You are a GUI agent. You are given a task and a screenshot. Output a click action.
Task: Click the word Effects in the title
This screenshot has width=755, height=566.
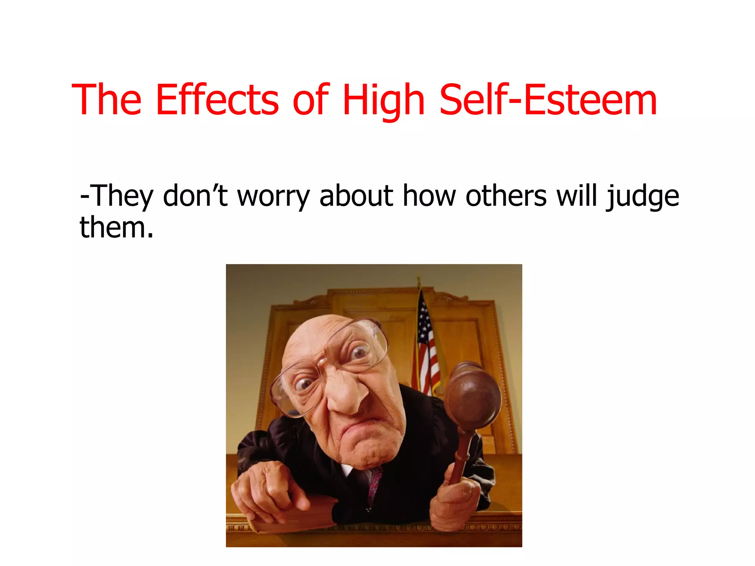pyautogui.click(x=217, y=99)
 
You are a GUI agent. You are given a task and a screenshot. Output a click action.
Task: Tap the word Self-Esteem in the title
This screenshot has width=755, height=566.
pyautogui.click(x=548, y=99)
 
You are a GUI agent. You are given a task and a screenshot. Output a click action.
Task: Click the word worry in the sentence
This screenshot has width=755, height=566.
pyautogui.click(x=273, y=197)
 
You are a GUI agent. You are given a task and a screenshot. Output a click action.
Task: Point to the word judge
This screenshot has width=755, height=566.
pyautogui.click(x=643, y=197)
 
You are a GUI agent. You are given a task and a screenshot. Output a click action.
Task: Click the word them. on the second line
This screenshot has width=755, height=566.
pyautogui.click(x=116, y=227)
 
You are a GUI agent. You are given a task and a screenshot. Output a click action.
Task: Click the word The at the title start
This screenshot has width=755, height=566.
pyautogui.click(x=107, y=99)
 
